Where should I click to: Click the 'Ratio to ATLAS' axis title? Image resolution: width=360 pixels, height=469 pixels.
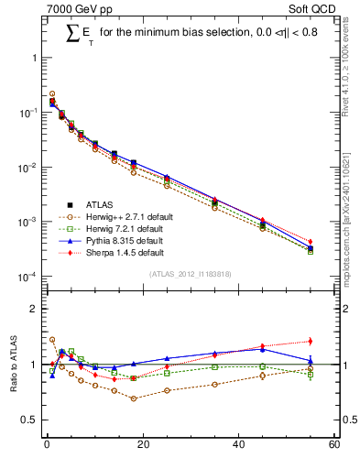click(x=15, y=364)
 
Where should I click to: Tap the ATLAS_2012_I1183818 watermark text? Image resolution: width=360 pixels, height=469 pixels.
click(x=189, y=274)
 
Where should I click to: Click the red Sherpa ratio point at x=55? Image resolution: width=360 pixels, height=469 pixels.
click(x=311, y=342)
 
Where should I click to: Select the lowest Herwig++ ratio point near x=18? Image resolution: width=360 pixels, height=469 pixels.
click(x=133, y=398)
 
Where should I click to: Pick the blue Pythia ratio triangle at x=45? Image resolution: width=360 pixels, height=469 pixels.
click(x=262, y=349)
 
